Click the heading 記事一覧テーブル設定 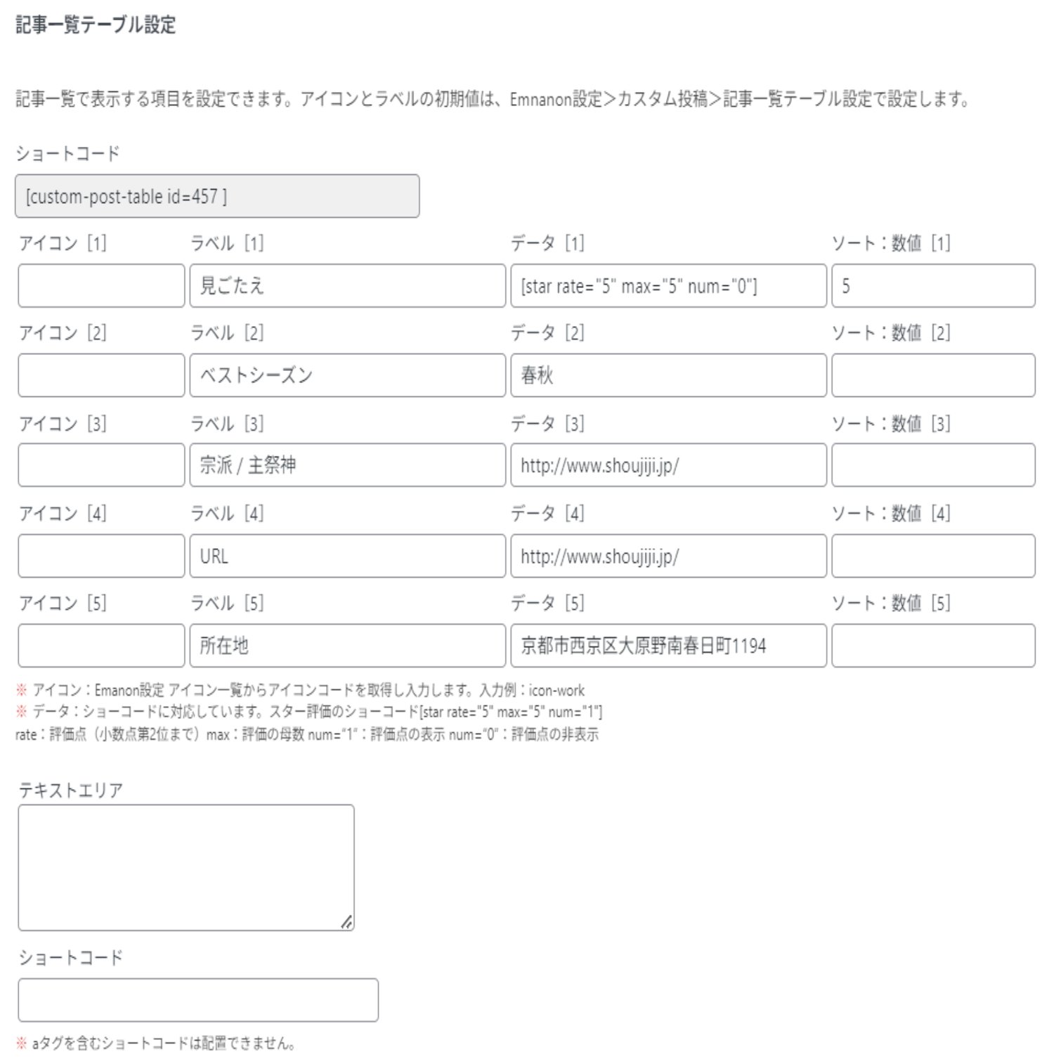point(96,25)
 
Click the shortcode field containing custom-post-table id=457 point(216,196)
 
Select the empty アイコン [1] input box point(101,285)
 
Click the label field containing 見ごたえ point(347,285)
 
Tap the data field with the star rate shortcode point(668,285)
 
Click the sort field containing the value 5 point(932,285)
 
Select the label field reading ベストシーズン point(347,375)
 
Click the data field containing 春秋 point(668,375)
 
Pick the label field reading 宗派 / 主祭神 point(347,465)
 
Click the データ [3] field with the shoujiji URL point(668,465)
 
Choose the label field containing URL point(347,556)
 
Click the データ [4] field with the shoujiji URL point(668,556)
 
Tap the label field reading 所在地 point(347,646)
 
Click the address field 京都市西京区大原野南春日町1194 point(668,646)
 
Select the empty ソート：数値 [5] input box point(932,646)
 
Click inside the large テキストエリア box point(185,867)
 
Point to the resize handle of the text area point(347,923)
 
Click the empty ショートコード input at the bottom point(197,1000)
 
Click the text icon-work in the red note point(556,691)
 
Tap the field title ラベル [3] point(227,424)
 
